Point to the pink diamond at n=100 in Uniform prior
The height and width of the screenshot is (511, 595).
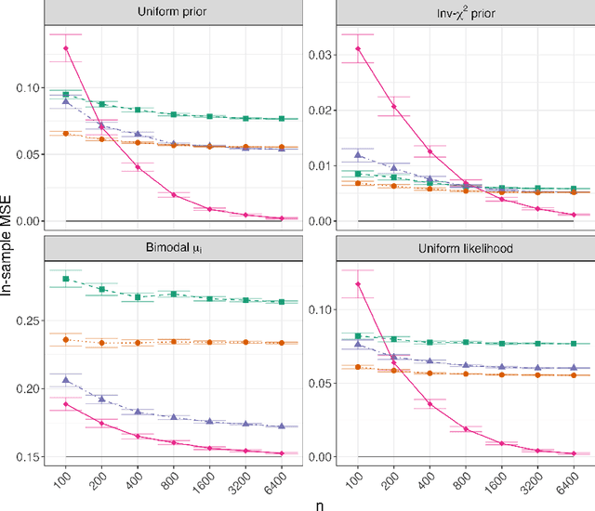[66, 47]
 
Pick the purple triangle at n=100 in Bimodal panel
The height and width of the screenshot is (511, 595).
[66, 379]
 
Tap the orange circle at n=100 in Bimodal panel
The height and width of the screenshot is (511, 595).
[66, 340]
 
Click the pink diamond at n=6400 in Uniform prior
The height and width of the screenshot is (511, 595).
[282, 218]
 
